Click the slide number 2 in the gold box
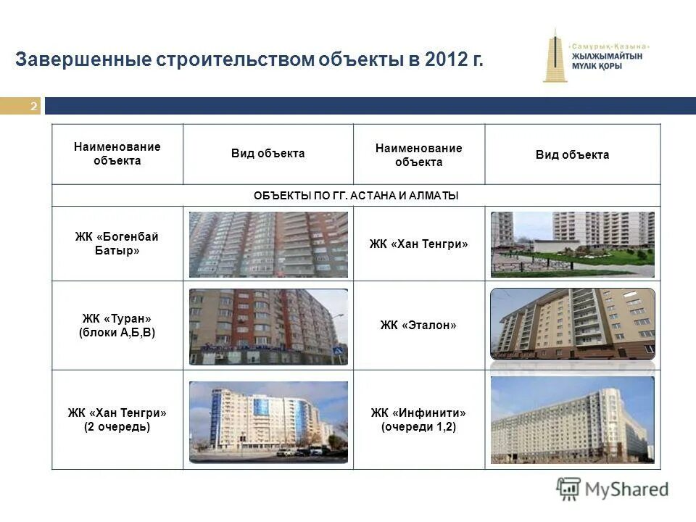coord(33,107)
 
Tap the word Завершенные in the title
coord(83,60)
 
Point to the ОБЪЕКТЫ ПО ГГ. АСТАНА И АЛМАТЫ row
coord(356,196)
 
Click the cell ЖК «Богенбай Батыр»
coord(117,244)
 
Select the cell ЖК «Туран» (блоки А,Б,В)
coord(117,326)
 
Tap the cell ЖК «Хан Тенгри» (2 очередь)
coord(117,420)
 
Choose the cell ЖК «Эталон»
coord(418,326)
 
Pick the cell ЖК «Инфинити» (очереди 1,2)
coord(418,420)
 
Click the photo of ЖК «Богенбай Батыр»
coord(268,244)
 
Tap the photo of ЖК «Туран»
coord(268,326)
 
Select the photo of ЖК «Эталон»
coord(572,324)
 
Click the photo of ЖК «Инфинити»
coord(572,420)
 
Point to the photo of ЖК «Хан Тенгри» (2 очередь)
coord(268,421)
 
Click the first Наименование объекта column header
coord(117,154)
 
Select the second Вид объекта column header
coord(572,154)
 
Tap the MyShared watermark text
coord(627,489)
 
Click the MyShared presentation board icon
coord(569,489)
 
